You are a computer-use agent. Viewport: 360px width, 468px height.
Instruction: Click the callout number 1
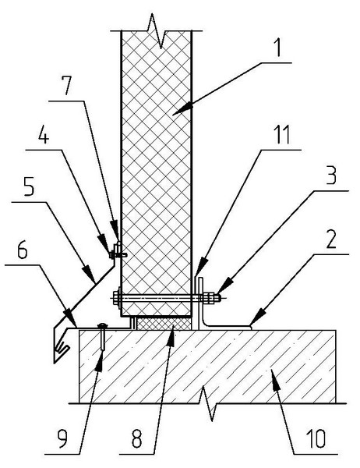(277, 48)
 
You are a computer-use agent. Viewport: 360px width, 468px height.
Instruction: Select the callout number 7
(67, 85)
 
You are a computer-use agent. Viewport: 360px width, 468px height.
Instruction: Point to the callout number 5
(29, 186)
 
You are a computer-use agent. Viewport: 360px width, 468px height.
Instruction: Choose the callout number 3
(330, 175)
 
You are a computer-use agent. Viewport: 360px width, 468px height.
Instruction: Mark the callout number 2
(331, 239)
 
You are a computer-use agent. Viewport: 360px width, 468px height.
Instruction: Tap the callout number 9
(62, 438)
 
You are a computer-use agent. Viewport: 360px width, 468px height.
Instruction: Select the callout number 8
(136, 438)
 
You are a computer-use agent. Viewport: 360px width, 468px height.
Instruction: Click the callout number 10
(316, 438)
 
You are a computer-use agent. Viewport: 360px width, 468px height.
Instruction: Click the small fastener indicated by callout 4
(118, 254)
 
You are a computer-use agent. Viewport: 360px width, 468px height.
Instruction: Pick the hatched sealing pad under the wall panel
(163, 323)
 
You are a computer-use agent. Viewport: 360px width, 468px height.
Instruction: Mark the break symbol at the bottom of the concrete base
(209, 403)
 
